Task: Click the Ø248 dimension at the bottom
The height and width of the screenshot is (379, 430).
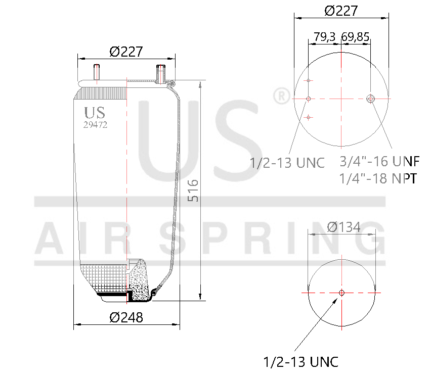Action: coord(126,317)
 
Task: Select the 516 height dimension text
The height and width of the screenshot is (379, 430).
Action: coord(193,191)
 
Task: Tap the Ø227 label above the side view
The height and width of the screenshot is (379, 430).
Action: coord(126,52)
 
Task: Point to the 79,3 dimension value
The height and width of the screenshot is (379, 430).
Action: coord(325,37)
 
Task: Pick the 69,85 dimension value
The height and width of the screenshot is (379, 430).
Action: coord(356,37)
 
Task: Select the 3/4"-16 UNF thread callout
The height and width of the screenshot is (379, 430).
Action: coord(379,162)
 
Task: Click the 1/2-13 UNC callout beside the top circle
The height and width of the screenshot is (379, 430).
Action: coord(287,163)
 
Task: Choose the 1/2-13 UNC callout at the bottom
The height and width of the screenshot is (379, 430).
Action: coord(301,362)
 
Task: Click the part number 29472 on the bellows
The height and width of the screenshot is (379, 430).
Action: coord(95,125)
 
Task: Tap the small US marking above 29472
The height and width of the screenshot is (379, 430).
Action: coord(95,112)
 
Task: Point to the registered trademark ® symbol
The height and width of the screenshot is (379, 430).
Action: coord(281,96)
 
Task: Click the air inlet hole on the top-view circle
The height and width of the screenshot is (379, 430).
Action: coord(371,99)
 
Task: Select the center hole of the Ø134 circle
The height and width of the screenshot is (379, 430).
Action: coord(341,293)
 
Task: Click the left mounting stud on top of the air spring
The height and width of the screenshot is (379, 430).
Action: coord(96,72)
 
